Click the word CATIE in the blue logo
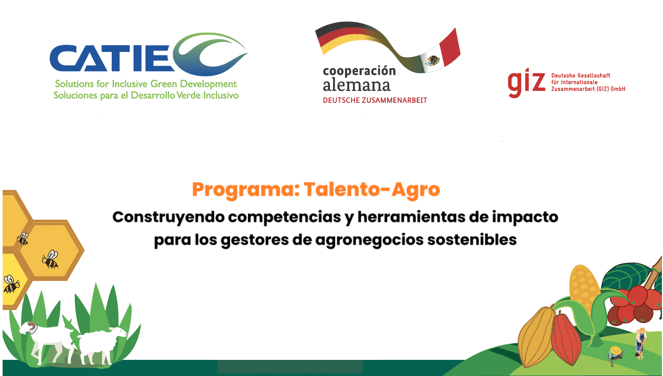(x=112, y=58)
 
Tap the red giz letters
(x=526, y=83)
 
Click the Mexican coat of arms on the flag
(x=432, y=60)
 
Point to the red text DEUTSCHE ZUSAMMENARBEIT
(x=375, y=100)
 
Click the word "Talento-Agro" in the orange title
(x=372, y=190)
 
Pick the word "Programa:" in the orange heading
(x=246, y=190)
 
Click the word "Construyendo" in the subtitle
(x=169, y=218)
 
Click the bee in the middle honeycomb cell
(x=50, y=259)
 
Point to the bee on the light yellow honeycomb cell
(x=11, y=284)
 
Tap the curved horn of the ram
(x=31, y=326)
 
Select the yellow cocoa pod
(x=536, y=337)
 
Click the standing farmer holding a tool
(x=641, y=343)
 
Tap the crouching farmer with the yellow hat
(x=616, y=356)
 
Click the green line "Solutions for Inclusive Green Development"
(x=146, y=84)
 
